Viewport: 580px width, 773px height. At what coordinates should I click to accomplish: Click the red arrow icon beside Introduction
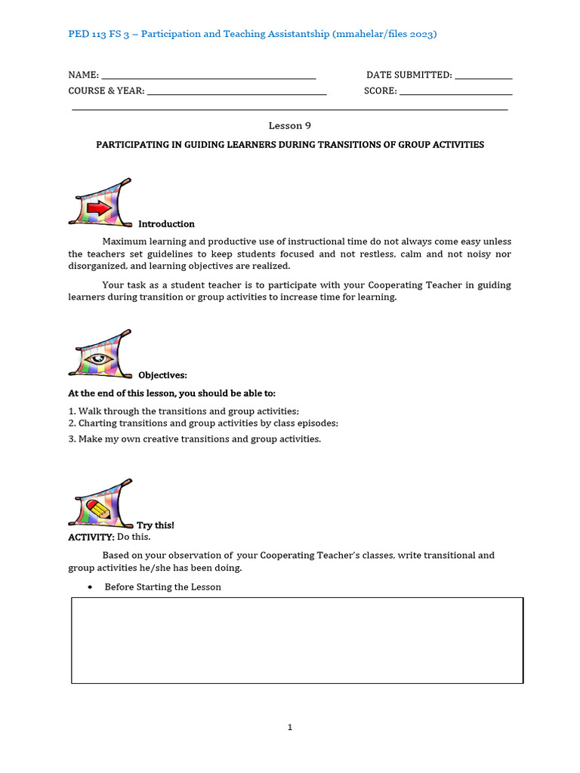pyautogui.click(x=98, y=207)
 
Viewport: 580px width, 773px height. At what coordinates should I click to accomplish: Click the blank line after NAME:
pyautogui.click(x=208, y=75)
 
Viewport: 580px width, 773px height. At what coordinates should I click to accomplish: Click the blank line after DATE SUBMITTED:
pyautogui.click(x=484, y=75)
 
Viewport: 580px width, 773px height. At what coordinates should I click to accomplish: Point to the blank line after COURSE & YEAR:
pyautogui.click(x=236, y=91)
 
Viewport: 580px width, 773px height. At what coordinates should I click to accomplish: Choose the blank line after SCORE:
pyautogui.click(x=456, y=91)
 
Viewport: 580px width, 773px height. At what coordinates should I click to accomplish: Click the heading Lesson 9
pyautogui.click(x=290, y=126)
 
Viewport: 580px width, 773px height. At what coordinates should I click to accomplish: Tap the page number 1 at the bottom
pyautogui.click(x=289, y=728)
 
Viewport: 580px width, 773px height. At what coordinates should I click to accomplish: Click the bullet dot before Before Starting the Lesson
pyautogui.click(x=90, y=587)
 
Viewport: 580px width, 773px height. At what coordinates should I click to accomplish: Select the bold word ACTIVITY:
pyautogui.click(x=91, y=537)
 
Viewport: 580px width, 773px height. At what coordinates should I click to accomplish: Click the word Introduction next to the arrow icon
pyautogui.click(x=166, y=224)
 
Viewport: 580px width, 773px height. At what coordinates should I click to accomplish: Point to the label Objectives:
pyautogui.click(x=162, y=375)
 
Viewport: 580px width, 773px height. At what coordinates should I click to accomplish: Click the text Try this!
pyautogui.click(x=156, y=525)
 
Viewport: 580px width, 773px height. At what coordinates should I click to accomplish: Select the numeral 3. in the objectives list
pyautogui.click(x=72, y=439)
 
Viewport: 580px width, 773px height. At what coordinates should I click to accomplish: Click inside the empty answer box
pyautogui.click(x=297, y=640)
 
